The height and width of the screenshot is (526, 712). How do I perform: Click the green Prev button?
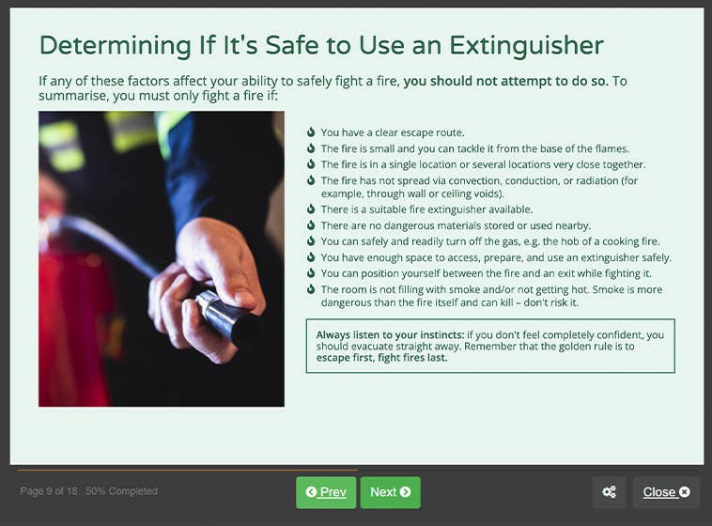(x=326, y=492)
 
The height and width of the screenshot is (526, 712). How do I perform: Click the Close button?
(x=666, y=492)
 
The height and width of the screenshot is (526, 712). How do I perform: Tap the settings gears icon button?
(x=609, y=492)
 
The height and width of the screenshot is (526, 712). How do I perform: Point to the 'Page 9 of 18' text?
(x=49, y=491)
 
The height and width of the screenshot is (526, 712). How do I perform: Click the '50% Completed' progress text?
(x=121, y=491)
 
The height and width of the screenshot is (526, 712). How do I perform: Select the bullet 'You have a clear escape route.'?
(x=393, y=132)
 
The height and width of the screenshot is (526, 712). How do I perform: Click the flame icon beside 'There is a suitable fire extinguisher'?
(x=311, y=209)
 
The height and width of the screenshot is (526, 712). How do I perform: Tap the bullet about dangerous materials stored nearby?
(x=456, y=225)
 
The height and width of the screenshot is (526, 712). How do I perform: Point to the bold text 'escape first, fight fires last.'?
(x=381, y=358)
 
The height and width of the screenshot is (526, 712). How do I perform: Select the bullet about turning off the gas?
(x=490, y=241)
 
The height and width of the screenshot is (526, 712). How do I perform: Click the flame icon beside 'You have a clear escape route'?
(x=311, y=132)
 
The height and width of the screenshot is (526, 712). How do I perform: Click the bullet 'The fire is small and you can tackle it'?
(x=474, y=148)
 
